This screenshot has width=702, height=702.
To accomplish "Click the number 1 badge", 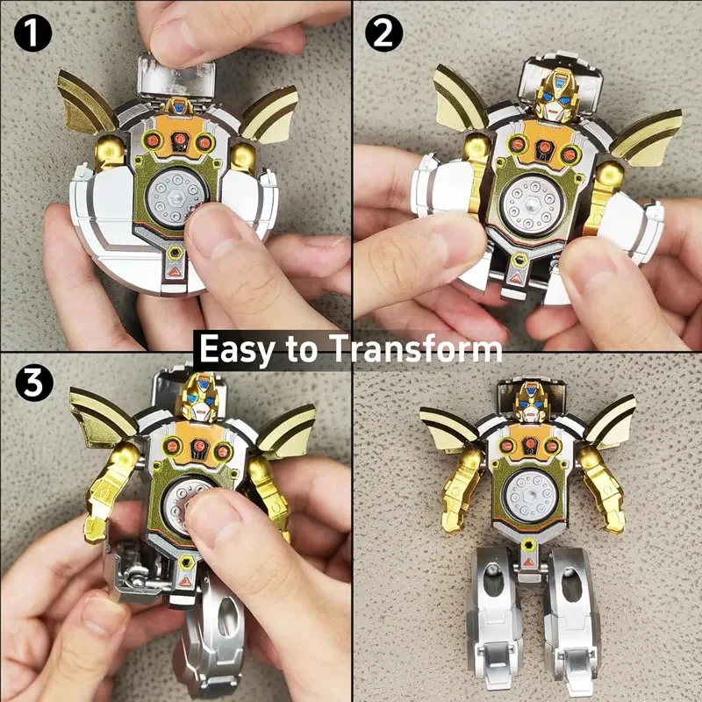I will coord(32,32).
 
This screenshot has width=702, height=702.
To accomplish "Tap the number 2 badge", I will coord(383,32).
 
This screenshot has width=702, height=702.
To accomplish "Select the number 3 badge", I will coord(32,383).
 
